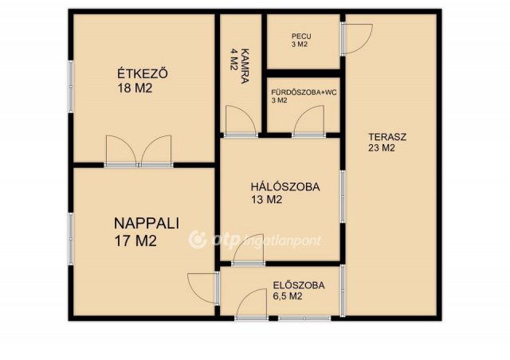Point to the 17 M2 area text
coord(135,240)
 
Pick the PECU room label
coord(301,36)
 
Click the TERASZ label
coord(387,136)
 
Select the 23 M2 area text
coord(382,148)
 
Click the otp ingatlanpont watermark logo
coord(255,238)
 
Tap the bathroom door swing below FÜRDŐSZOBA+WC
coord(307,122)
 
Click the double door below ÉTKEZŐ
coord(139,151)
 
